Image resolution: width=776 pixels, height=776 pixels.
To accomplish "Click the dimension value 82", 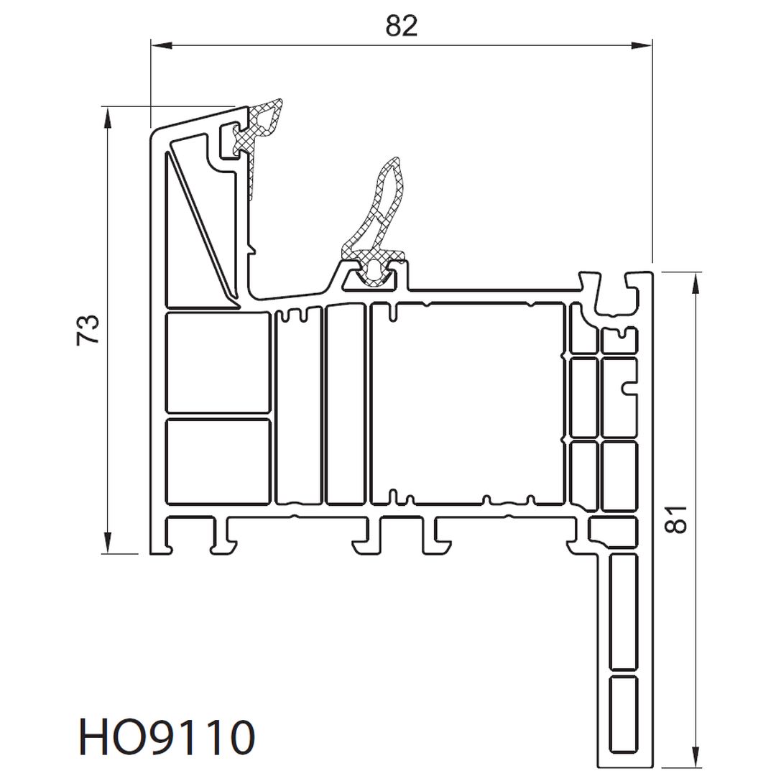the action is point(402,26).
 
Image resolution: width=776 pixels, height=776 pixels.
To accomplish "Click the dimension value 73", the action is point(88,330).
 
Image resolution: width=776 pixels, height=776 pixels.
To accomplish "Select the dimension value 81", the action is point(676,519).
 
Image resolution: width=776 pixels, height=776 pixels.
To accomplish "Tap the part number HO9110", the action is point(167,737).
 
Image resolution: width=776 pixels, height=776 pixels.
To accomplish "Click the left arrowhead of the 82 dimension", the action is point(162,45).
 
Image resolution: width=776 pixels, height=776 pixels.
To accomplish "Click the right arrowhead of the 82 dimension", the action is point(642,45).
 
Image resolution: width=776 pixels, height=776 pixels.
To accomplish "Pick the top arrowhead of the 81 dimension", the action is point(695,283).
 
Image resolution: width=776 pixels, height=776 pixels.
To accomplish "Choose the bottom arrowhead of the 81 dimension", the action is point(695,754).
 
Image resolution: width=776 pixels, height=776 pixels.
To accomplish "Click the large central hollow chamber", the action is point(468,403).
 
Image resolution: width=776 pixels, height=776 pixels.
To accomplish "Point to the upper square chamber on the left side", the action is point(218,362).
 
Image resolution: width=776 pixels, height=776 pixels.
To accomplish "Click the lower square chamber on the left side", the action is point(218,462).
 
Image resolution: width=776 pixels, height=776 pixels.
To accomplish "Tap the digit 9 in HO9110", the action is point(167,737).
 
